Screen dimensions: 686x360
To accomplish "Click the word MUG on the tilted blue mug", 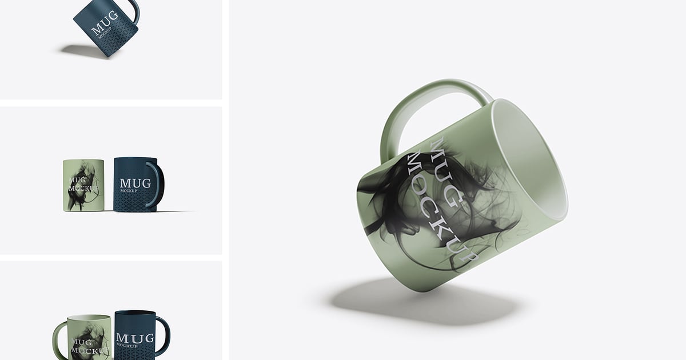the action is click(105, 23).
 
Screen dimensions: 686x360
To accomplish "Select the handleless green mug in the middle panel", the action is click(83, 185).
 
